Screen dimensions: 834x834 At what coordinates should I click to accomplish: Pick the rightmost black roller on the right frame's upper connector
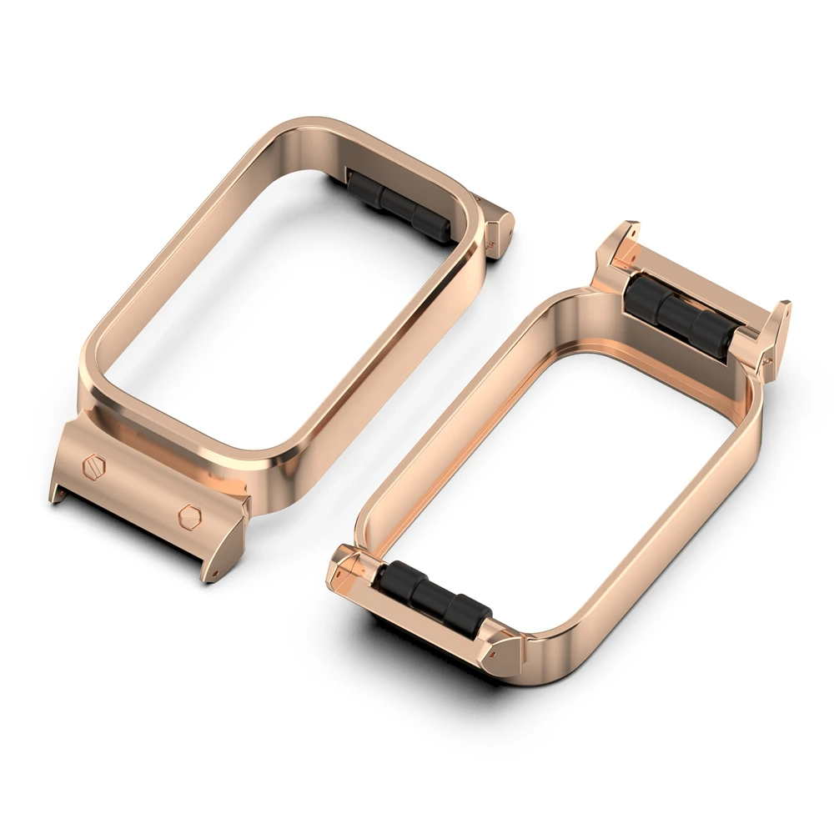[711, 332]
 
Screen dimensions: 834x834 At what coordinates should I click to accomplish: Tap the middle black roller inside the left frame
[402, 205]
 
